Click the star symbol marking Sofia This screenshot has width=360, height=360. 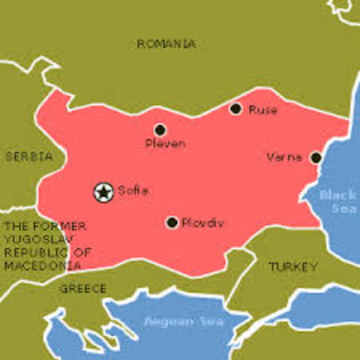click(103, 193)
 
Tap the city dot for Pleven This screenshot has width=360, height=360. click(160, 130)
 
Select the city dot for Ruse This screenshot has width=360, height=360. click(235, 109)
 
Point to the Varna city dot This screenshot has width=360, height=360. click(316, 157)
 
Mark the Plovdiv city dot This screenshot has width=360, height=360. click(172, 222)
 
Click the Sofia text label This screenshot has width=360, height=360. click(133, 191)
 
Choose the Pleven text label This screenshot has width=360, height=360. click(165, 143)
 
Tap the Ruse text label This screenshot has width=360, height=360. click(262, 110)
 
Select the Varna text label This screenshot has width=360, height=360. click(284, 157)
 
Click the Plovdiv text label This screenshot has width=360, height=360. click(203, 223)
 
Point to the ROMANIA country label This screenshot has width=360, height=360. click(166, 44)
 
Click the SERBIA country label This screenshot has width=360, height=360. click(28, 156)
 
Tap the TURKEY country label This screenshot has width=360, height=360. click(293, 266)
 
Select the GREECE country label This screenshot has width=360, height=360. click(82, 288)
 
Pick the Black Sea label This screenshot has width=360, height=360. click(338, 202)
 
